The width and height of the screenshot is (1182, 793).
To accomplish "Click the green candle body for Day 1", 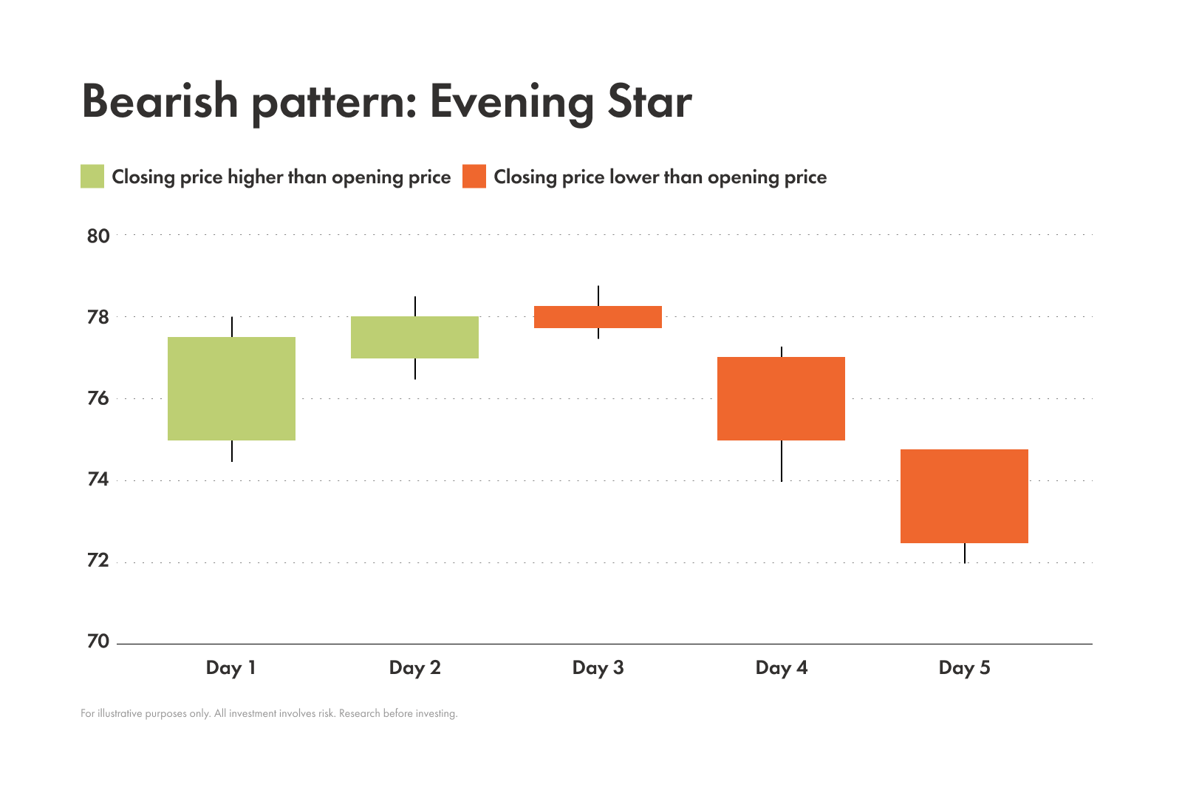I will coord(231,389).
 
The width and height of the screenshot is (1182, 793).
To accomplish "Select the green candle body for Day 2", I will coord(414,337).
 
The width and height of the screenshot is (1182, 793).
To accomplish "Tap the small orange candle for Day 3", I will coord(598,317).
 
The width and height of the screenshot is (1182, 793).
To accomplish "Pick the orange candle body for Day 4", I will coord(781,398).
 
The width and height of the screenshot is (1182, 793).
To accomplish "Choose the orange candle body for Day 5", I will coord(964,496).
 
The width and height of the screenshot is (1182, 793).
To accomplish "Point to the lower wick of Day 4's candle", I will coord(782,461).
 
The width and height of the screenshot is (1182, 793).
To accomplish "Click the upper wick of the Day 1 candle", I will coord(232,327).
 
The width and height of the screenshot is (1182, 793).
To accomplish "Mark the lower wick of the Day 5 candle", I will coord(965,554).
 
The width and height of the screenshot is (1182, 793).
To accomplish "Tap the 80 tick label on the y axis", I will coord(98,236).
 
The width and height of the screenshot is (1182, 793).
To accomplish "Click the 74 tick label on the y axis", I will coord(98,480).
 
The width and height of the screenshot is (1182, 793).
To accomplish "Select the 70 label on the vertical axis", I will coord(98,641).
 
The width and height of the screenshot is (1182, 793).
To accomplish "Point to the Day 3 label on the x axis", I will coord(598,668).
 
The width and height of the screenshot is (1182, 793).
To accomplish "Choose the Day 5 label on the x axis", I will coord(964,668).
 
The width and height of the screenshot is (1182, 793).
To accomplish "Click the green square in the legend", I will coord(92,177).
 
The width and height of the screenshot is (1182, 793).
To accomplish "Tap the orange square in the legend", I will coord(474,177).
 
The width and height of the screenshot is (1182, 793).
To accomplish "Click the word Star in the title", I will coord(649,101).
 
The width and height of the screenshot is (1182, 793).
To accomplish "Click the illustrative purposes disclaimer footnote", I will coord(269,714).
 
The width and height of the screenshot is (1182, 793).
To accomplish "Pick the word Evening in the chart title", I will coord(512,103).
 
